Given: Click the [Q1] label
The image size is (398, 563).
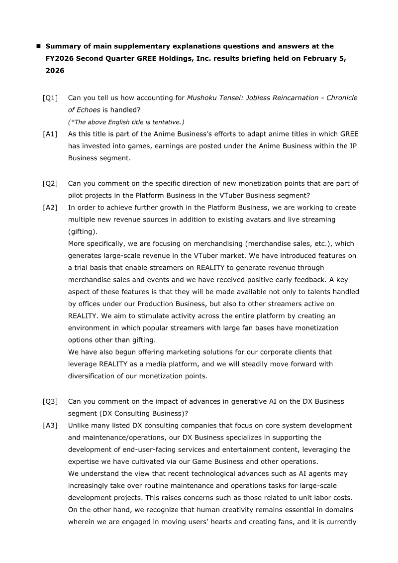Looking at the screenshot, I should [50, 98].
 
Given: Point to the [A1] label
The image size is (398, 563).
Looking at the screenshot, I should [50, 134].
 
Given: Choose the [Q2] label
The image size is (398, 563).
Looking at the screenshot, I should [50, 183].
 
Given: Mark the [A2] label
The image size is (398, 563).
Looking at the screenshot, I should [50, 207].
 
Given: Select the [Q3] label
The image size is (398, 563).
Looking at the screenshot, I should [50, 401].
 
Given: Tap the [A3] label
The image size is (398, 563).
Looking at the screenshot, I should [50, 425].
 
